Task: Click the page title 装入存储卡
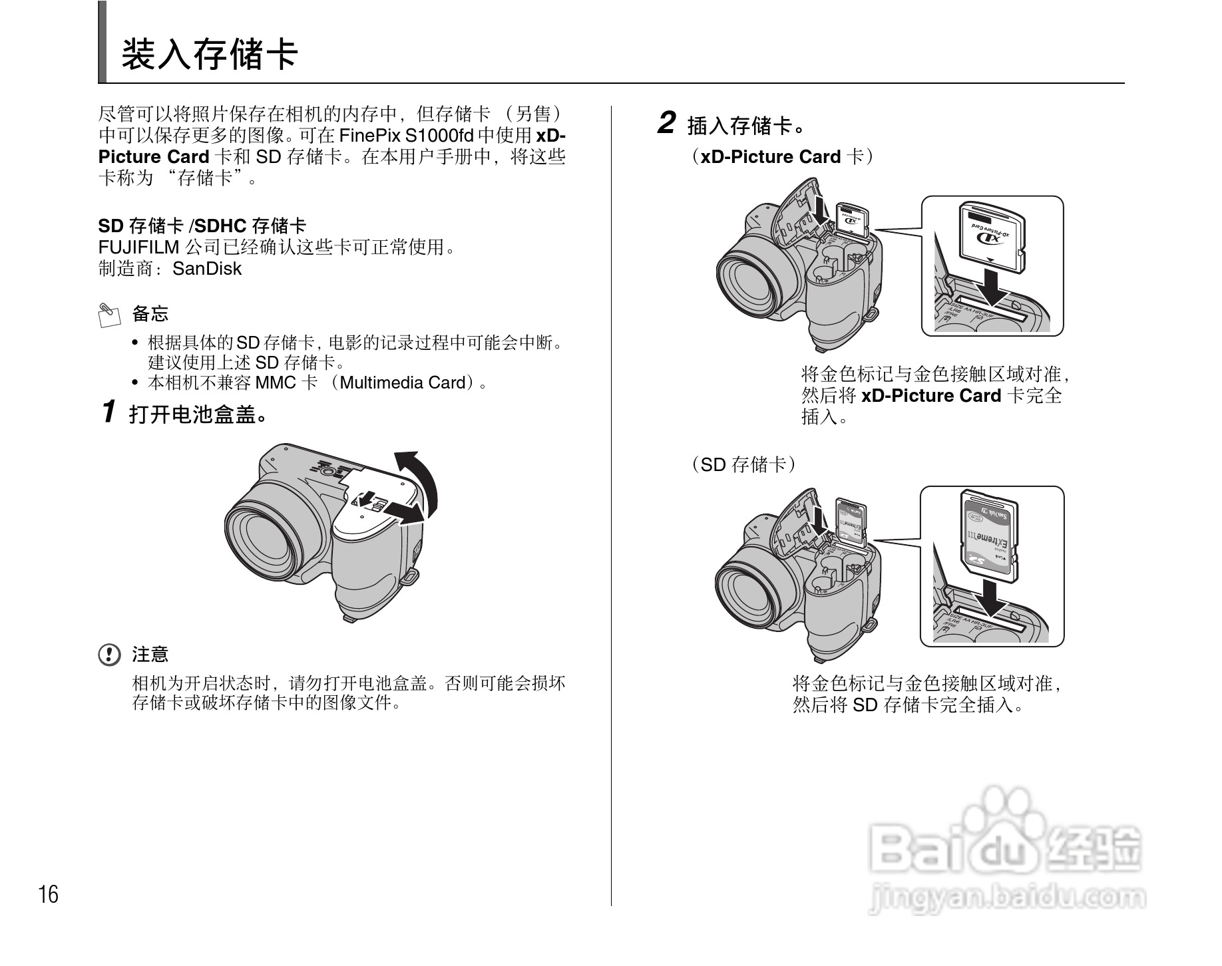(x=209, y=55)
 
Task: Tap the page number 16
(x=48, y=895)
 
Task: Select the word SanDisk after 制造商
(x=206, y=269)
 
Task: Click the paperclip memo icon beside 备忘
(x=109, y=315)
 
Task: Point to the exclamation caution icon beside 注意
(x=109, y=655)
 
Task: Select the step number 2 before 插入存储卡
(x=666, y=124)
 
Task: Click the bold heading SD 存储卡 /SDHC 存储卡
(x=202, y=226)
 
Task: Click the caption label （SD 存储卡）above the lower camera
(x=743, y=464)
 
